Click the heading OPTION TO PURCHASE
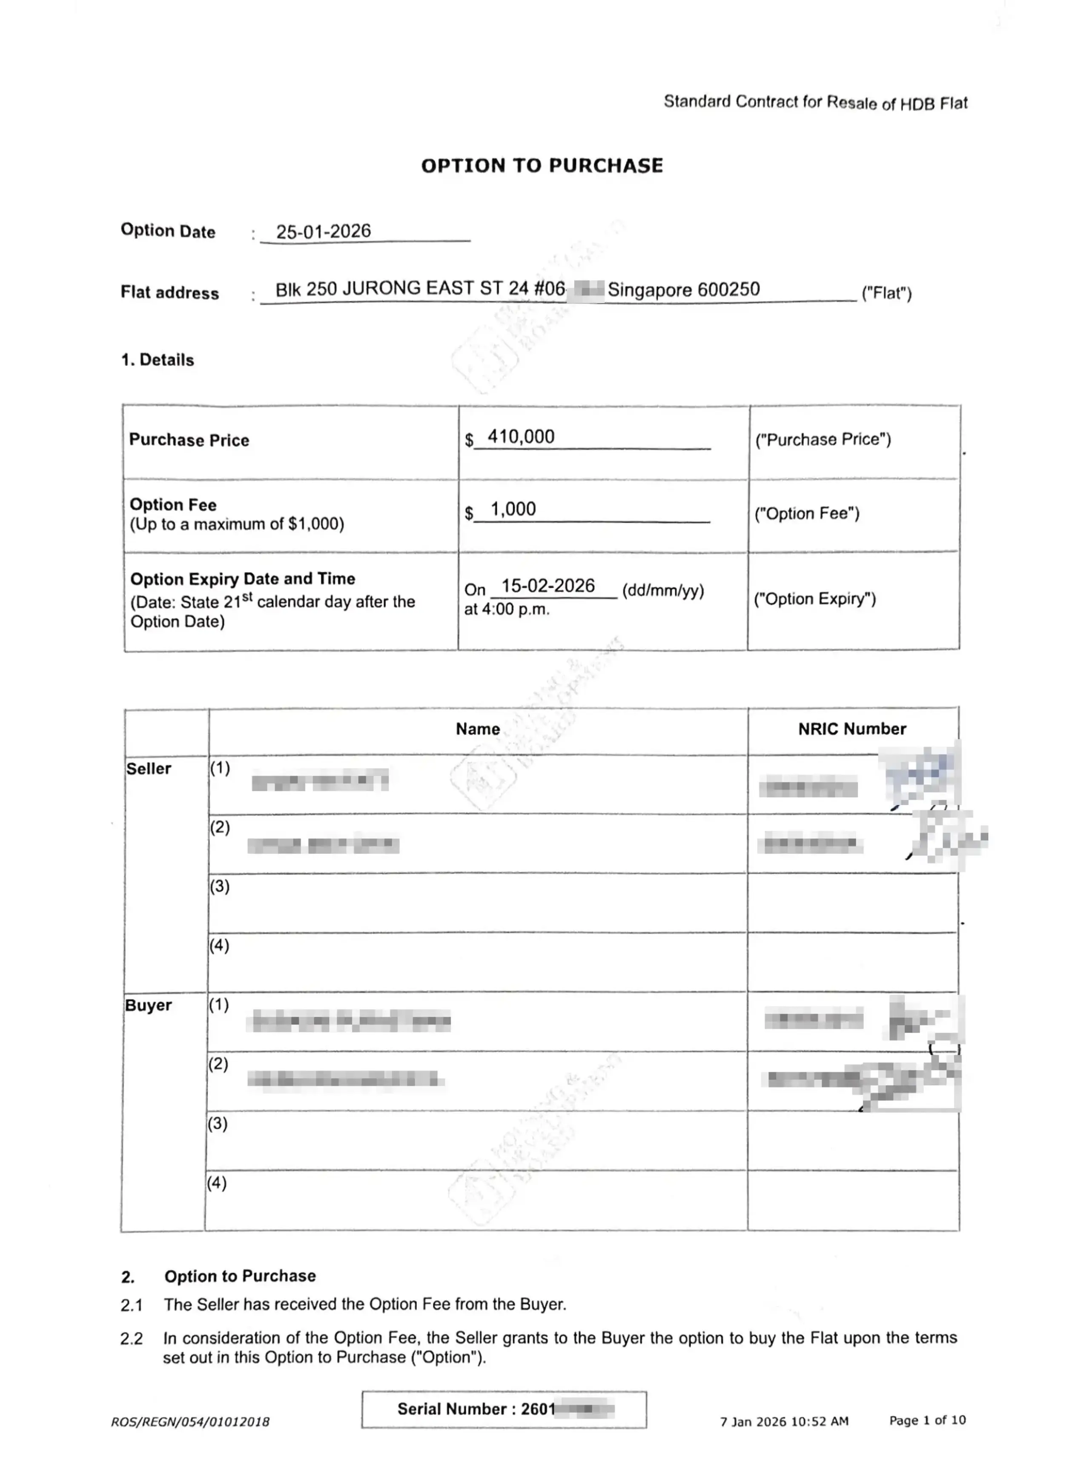point(542,166)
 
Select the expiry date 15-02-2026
point(548,586)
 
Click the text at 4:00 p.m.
point(506,610)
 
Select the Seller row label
point(149,769)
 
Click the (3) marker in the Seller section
point(219,886)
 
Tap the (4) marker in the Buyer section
point(217,1182)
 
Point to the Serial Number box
point(504,1409)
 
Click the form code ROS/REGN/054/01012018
point(190,1422)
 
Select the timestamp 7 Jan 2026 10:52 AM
point(784,1421)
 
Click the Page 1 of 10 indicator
point(927,1420)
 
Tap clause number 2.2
point(131,1339)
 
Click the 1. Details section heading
point(157,360)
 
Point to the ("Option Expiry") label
point(815,599)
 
